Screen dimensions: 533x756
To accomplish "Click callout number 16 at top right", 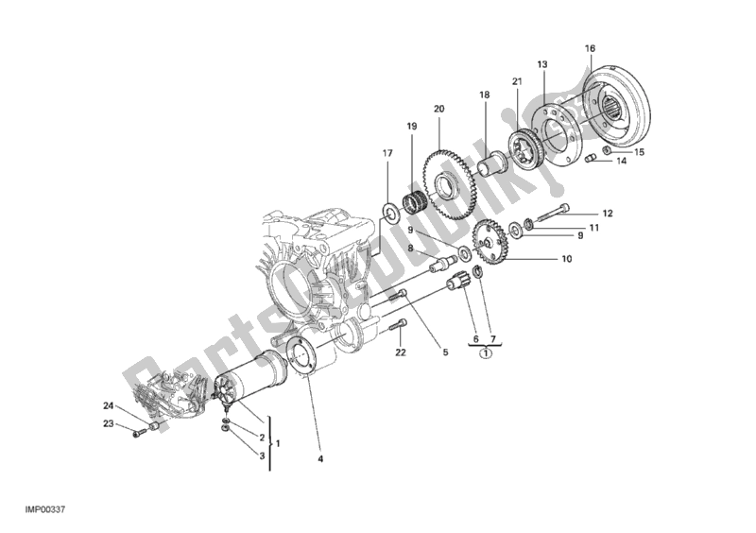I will coord(590,48).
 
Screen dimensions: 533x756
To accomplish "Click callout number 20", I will coord(438,109).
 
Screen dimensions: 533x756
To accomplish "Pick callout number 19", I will coord(411,126).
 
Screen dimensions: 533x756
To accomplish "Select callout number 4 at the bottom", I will coord(320,460).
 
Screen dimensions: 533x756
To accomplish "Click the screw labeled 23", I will coord(141,433).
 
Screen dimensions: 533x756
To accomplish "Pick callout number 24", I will coord(109,406).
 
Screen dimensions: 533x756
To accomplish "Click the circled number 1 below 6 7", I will coord(484,355).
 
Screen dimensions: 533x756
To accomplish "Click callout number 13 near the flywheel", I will coord(542,64).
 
